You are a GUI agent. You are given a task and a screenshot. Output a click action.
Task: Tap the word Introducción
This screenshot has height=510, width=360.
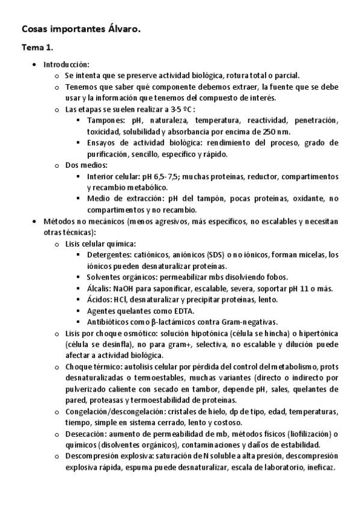tap(66, 64)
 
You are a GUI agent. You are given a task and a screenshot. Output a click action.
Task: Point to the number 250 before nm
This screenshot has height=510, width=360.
tap(271, 131)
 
